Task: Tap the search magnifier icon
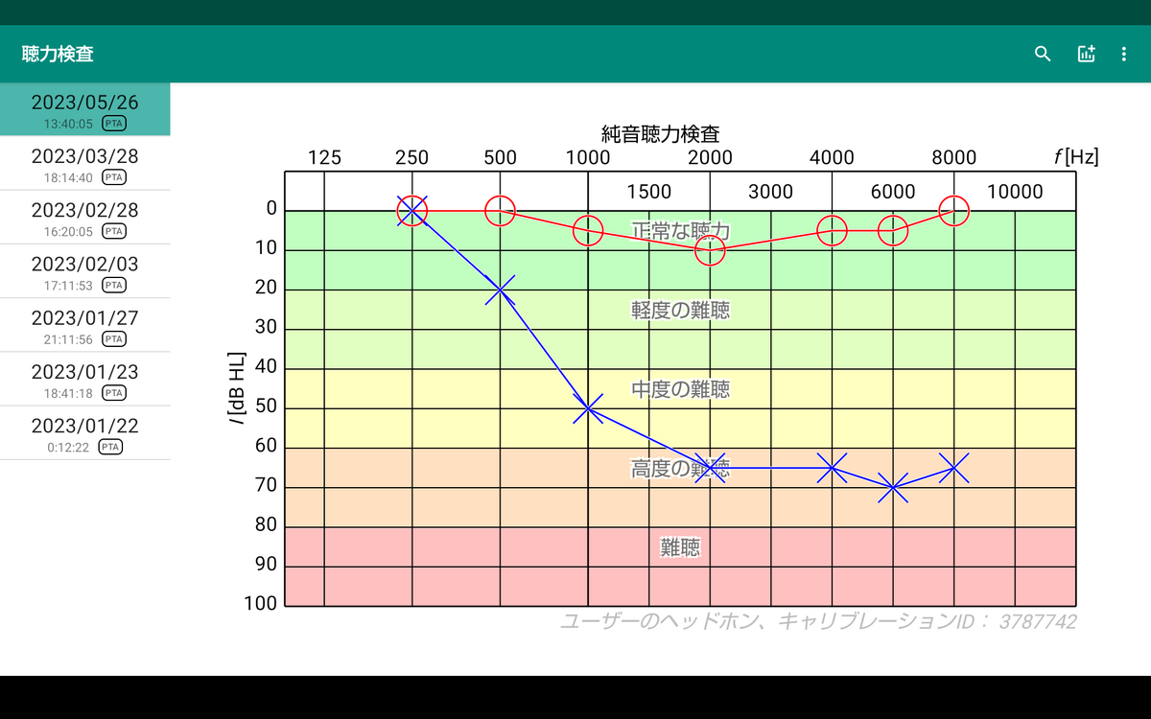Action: click(1042, 54)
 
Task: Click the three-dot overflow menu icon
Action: click(1124, 54)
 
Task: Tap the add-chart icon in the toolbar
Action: click(1086, 54)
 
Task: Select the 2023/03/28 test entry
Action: click(84, 163)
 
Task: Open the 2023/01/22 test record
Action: click(84, 433)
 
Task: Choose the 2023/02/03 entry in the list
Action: click(84, 271)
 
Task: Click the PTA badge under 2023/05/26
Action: click(113, 124)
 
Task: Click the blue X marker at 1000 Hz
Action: click(588, 408)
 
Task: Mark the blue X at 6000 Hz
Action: click(893, 487)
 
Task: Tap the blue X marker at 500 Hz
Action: click(500, 290)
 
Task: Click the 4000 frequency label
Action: click(832, 157)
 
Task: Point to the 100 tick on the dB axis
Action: click(260, 603)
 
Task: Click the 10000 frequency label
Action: click(1015, 192)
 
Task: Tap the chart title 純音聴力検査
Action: click(660, 134)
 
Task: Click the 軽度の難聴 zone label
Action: click(680, 310)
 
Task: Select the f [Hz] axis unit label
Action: click(1076, 156)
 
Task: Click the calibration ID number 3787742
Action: click(1038, 621)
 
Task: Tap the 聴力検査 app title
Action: click(58, 54)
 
